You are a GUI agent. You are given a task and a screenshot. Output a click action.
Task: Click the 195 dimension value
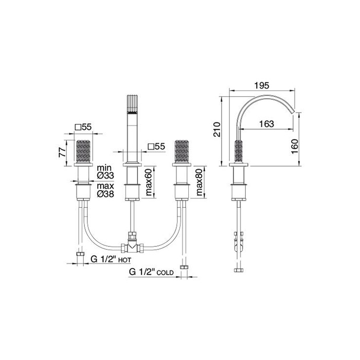click(x=261, y=85)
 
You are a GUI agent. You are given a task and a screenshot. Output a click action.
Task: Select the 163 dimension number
click(x=266, y=124)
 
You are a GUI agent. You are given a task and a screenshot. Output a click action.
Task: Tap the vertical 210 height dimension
click(x=217, y=130)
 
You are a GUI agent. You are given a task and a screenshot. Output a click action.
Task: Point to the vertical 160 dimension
click(x=294, y=147)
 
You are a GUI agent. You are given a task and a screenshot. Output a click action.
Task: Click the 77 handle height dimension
click(x=62, y=152)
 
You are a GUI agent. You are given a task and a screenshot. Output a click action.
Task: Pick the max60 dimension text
click(x=149, y=182)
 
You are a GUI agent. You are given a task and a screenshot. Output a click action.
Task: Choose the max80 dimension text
click(x=200, y=182)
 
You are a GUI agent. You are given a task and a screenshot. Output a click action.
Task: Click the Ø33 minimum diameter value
click(x=105, y=176)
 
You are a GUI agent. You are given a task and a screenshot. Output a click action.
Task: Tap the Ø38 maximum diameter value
click(x=105, y=194)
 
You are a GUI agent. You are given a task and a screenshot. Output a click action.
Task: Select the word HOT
click(x=124, y=260)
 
